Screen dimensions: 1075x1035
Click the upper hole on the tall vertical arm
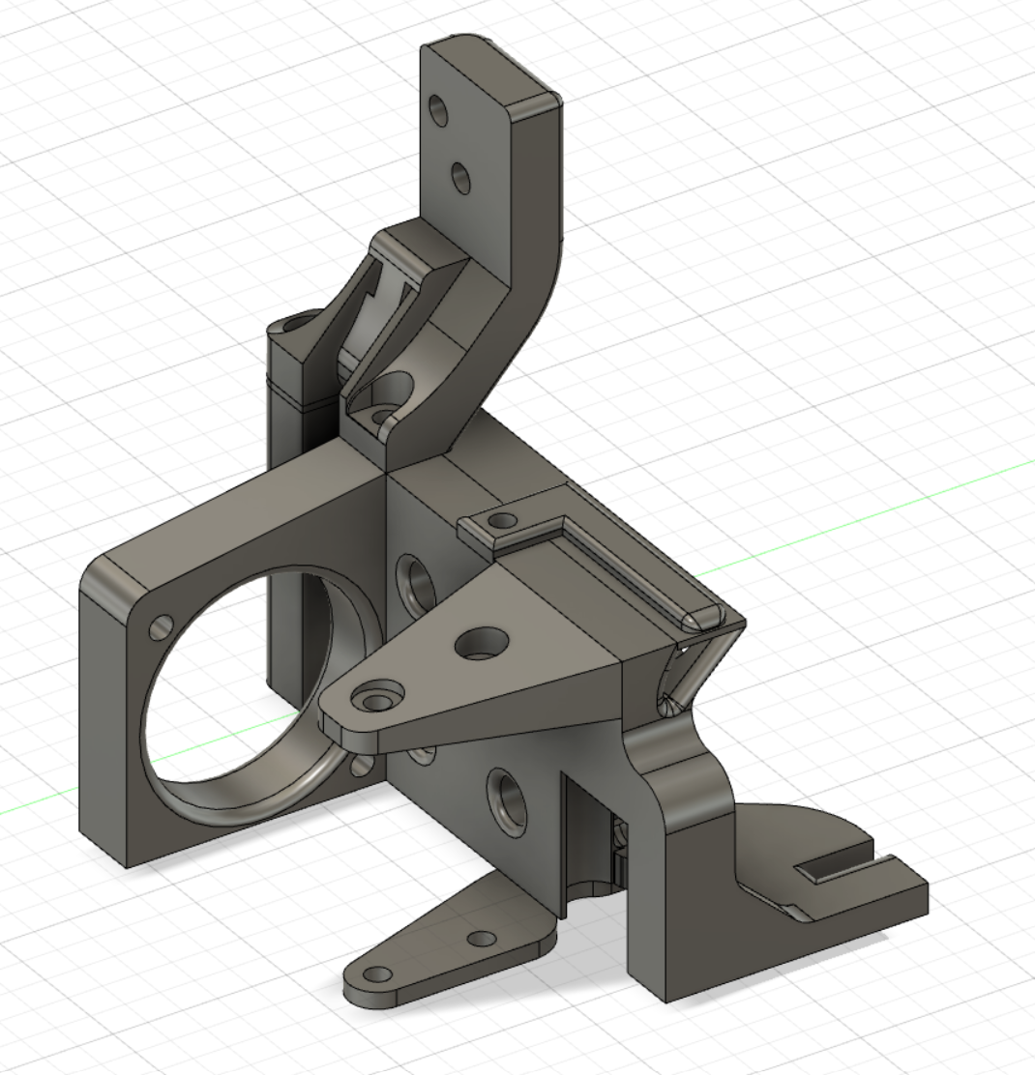(x=440, y=112)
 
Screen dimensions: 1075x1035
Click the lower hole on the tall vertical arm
(x=461, y=177)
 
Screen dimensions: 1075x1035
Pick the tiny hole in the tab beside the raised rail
(x=502, y=521)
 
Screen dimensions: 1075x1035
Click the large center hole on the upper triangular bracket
(x=481, y=641)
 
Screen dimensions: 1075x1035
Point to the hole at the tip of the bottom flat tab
(x=380, y=973)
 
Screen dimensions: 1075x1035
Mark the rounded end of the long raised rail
(x=699, y=617)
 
